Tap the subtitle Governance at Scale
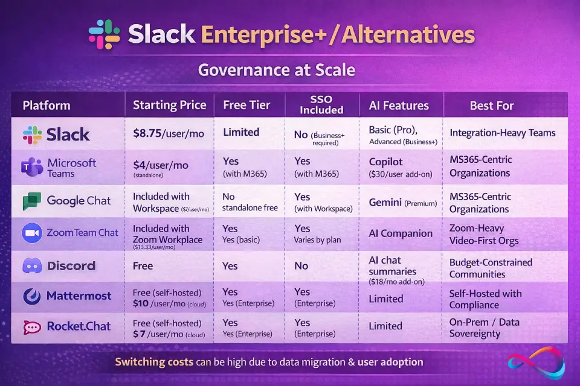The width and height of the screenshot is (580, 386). coord(276,71)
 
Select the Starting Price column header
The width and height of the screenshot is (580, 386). coord(170,106)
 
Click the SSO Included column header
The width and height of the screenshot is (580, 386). coord(321,105)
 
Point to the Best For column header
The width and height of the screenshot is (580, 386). coord(491,106)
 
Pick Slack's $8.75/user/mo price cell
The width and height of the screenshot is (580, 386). coord(169,133)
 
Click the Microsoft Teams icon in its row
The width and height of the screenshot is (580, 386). coord(31,167)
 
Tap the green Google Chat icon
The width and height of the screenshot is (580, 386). coord(31,201)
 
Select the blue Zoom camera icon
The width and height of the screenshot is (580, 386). coord(31,233)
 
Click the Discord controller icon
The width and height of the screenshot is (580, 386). coord(31,265)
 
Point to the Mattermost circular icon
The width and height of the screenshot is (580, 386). coord(31,296)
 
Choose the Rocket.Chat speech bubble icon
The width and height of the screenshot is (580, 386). coord(31,327)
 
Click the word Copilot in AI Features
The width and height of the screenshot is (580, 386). coord(385,162)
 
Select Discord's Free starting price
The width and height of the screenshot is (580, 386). coord(143,265)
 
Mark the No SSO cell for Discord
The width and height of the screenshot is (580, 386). coord(301,265)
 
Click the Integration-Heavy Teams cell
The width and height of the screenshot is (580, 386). coord(502,133)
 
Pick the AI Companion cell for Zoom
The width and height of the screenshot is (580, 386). coord(401,233)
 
